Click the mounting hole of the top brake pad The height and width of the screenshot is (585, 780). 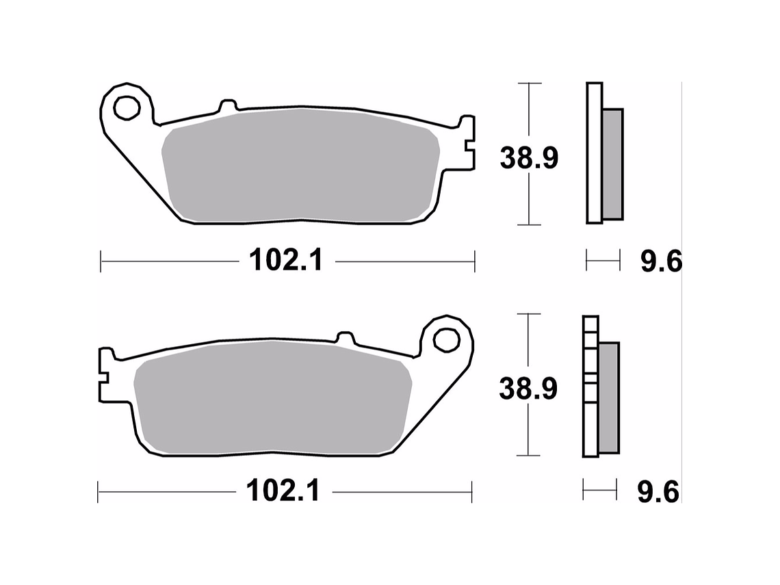tap(126, 107)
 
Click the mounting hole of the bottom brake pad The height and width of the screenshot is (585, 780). tap(446, 339)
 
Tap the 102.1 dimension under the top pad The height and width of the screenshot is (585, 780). tap(285, 260)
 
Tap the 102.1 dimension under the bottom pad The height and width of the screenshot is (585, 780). tap(283, 491)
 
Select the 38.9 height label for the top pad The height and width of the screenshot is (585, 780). tap(529, 159)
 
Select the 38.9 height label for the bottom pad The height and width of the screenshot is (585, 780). tap(528, 389)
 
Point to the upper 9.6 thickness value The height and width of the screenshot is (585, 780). tap(660, 261)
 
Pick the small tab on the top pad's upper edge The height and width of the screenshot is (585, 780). tap(228, 106)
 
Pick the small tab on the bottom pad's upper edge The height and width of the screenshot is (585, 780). tap(345, 337)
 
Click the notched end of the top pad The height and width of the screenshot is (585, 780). tap(467, 143)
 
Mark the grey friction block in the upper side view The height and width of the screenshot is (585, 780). tap(612, 164)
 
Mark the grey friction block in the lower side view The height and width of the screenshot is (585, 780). tap(608, 397)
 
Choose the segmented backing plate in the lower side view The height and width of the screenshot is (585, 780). tap(590, 387)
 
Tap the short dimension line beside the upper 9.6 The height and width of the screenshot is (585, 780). tap(603, 260)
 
